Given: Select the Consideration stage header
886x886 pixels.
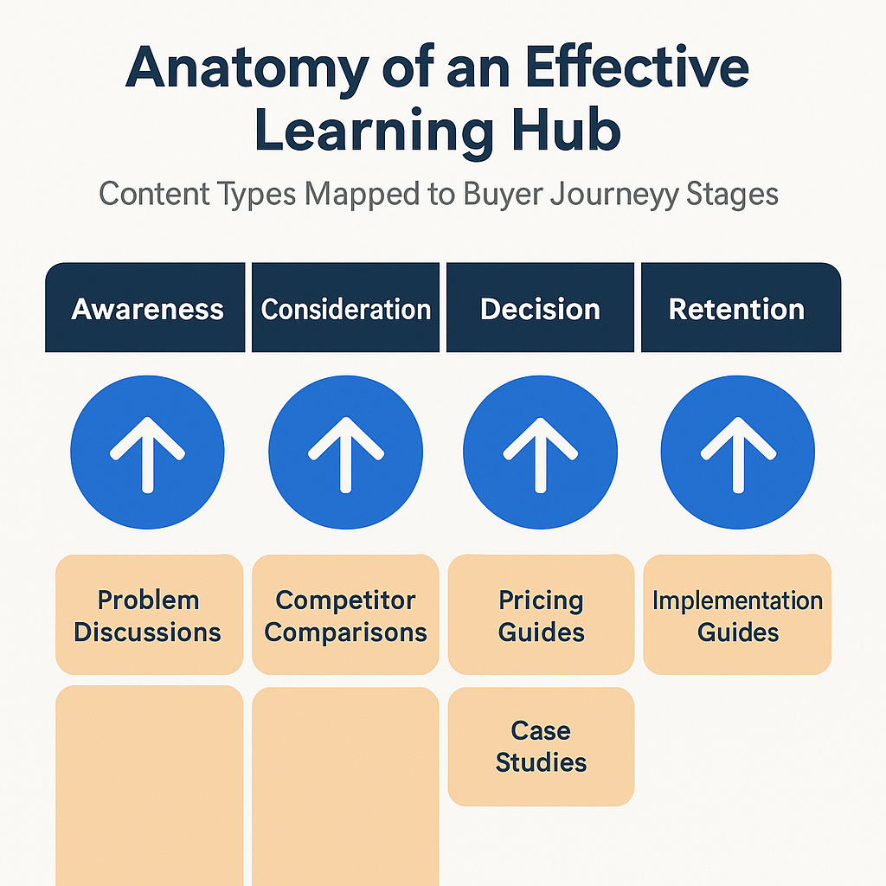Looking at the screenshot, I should pyautogui.click(x=345, y=308).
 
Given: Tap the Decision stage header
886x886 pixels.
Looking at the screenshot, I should pyautogui.click(x=540, y=308).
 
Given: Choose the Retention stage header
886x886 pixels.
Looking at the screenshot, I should pyautogui.click(x=737, y=308).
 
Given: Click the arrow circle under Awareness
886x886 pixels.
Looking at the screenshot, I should pyautogui.click(x=147, y=452).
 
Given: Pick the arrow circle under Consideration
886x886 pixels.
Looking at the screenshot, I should pyautogui.click(x=345, y=452).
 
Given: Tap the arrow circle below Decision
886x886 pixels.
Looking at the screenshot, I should pyautogui.click(x=540, y=452).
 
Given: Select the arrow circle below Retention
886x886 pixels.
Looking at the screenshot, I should pyautogui.click(x=737, y=452).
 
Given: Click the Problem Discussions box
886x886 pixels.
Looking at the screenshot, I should pyautogui.click(x=148, y=615).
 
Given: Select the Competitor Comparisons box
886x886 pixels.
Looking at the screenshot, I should pyautogui.click(x=345, y=615).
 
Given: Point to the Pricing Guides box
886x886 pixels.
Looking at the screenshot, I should pyautogui.click(x=541, y=615).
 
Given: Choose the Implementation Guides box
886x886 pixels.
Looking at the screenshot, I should pyautogui.click(x=737, y=615).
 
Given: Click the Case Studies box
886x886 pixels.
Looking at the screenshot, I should pyautogui.click(x=541, y=746).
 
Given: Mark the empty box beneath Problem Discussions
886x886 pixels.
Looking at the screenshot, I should pyautogui.click(x=149, y=783).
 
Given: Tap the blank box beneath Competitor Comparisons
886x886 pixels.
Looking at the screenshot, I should pyautogui.click(x=345, y=783).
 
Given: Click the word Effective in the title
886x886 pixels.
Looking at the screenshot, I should pyautogui.click(x=632, y=72).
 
